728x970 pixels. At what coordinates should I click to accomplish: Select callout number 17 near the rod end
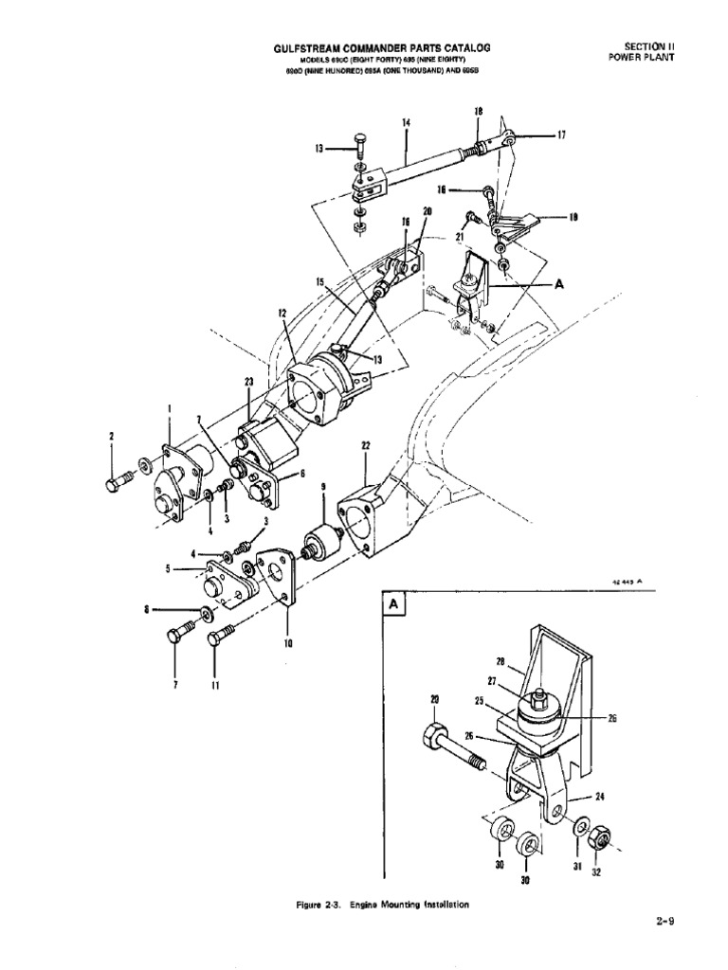[560, 135]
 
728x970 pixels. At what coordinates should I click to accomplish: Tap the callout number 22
[365, 444]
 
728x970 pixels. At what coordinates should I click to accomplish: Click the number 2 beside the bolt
[111, 436]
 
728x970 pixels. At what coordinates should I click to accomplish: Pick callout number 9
[322, 488]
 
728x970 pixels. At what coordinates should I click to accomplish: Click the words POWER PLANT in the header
[640, 56]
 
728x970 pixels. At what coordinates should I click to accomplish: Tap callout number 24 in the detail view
[599, 797]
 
